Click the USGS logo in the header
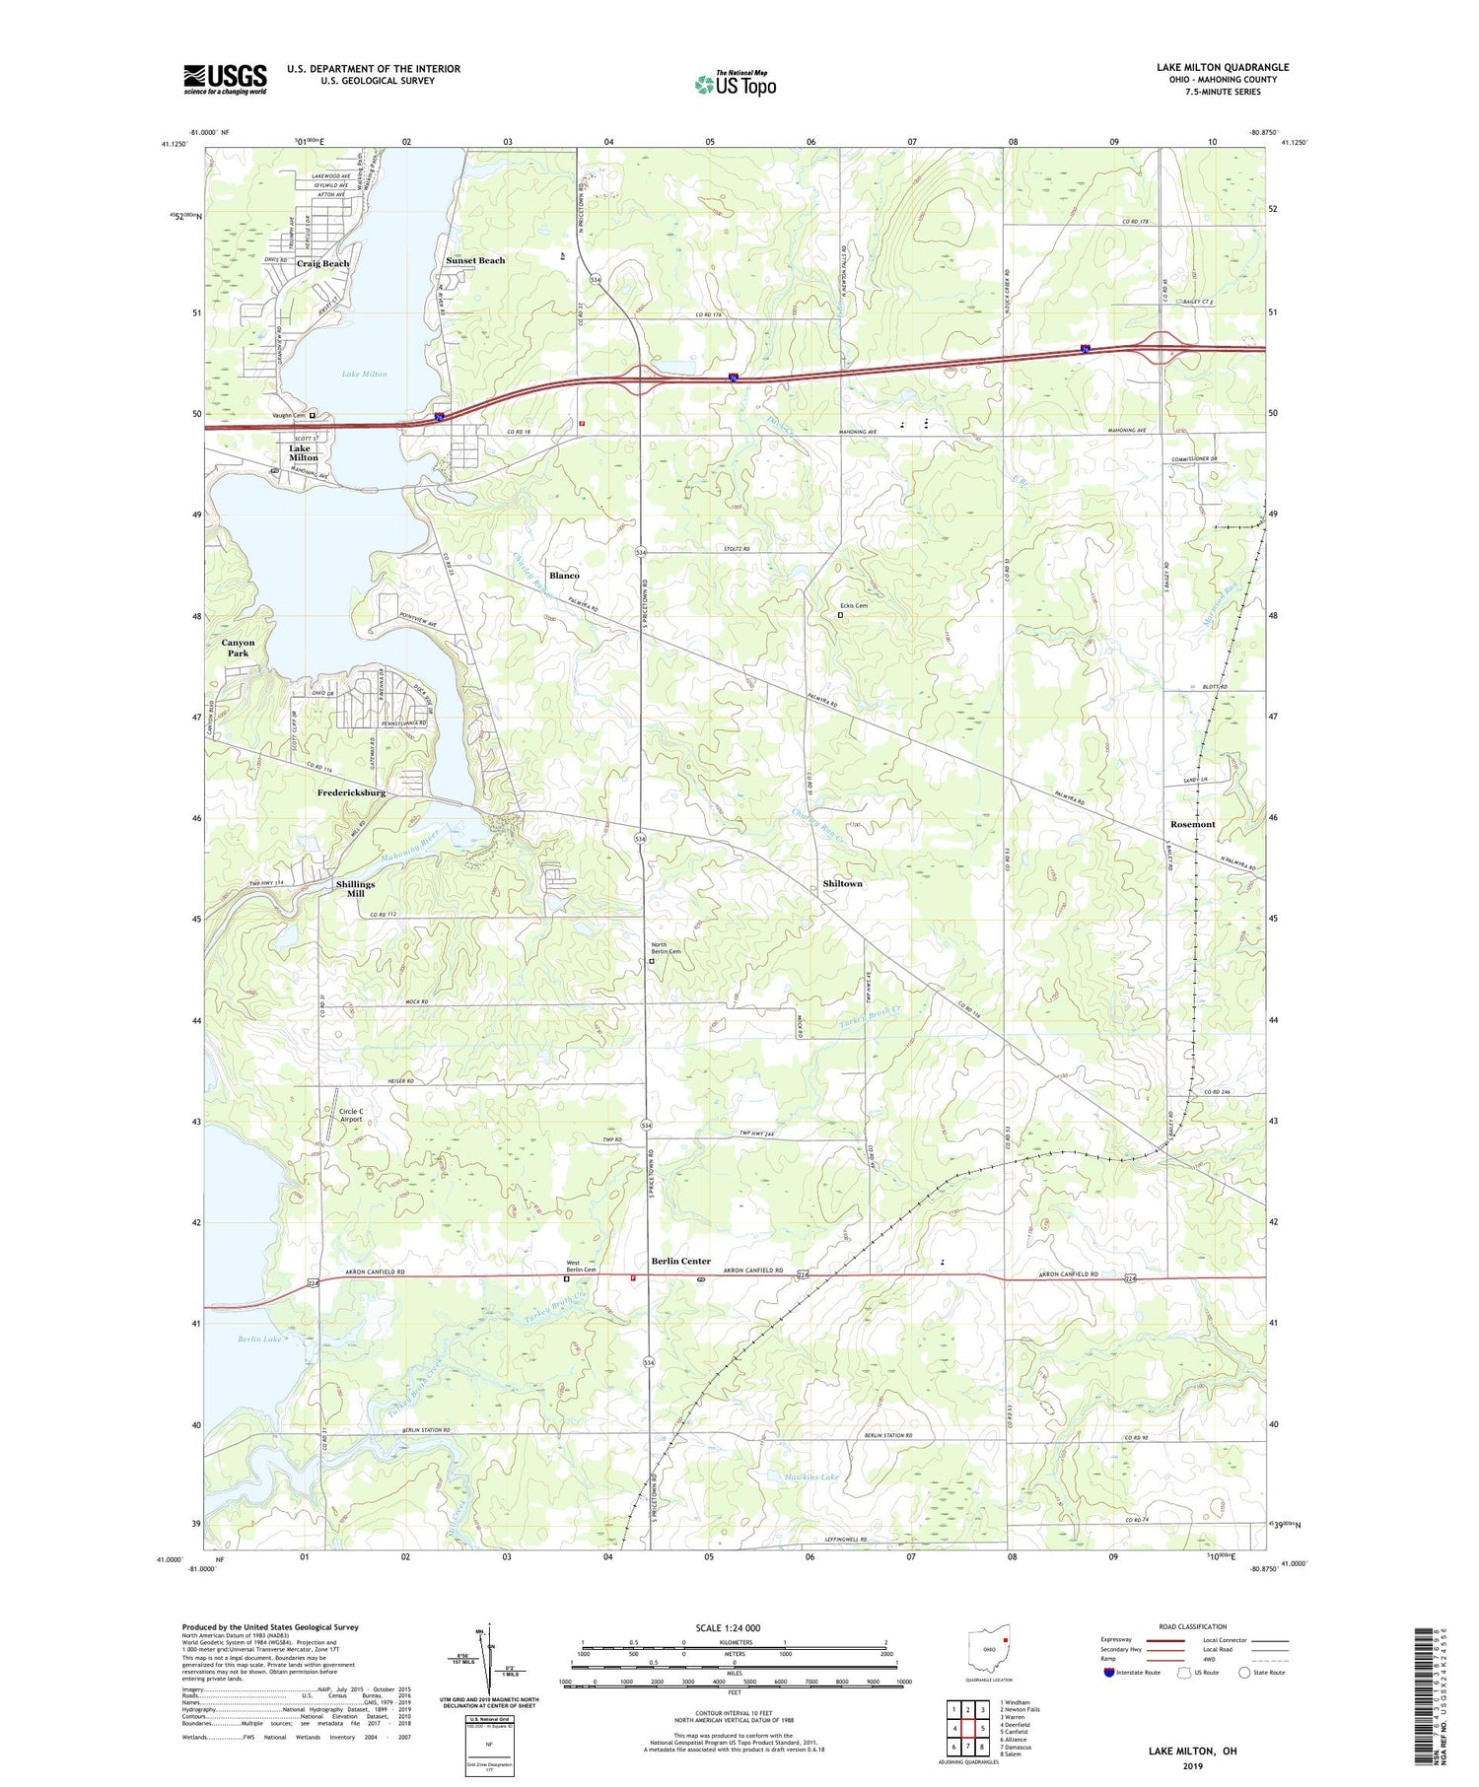click(225, 79)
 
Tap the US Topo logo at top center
click(735, 84)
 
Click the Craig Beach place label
click(322, 264)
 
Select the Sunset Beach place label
click(475, 260)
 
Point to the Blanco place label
click(564, 575)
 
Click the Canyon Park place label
click(238, 648)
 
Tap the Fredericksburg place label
click(351, 792)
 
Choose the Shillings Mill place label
click(355, 889)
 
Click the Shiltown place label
click(842, 884)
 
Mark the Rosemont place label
click(1192, 824)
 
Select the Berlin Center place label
click(680, 1261)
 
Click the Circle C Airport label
click(351, 1115)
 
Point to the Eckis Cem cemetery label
click(853, 606)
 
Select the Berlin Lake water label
click(260, 1340)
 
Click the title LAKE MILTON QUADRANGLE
click(1222, 67)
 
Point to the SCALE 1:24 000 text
click(729, 1627)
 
